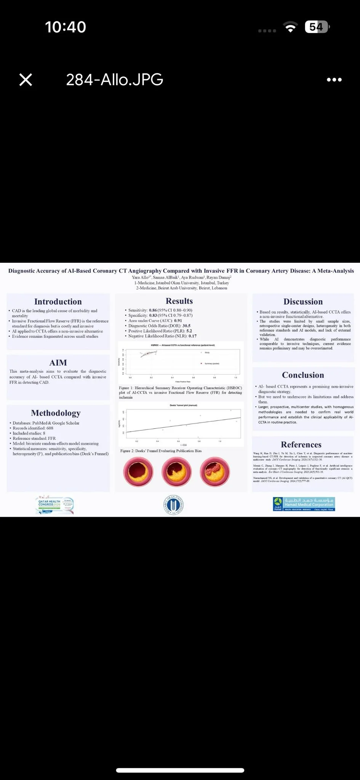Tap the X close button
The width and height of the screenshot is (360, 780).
(26, 80)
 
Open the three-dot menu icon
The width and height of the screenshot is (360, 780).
(334, 80)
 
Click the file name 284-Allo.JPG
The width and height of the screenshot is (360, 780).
(114, 80)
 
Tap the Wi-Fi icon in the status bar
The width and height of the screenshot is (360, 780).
(290, 27)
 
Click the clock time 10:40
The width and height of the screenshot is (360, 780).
(66, 27)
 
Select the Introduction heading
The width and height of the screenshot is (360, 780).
(58, 302)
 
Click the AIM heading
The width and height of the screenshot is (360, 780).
(58, 363)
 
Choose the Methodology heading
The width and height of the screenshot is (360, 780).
(56, 413)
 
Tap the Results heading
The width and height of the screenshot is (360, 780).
(179, 301)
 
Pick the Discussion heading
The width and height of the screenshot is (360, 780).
(303, 302)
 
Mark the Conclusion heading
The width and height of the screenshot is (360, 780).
(303, 375)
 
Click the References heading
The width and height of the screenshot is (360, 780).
(301, 444)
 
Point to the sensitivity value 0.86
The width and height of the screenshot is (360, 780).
(153, 310)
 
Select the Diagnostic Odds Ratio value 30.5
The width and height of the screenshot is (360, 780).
(186, 326)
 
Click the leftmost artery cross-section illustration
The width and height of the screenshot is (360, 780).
(138, 472)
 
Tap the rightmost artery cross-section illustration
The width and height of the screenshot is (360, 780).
(215, 472)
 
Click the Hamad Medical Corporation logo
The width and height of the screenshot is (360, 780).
(304, 504)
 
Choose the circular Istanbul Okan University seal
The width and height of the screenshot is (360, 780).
(174, 505)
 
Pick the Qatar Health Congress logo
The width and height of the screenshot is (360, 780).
(54, 504)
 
